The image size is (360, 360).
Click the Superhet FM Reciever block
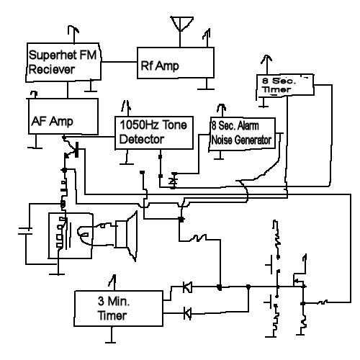(x=63, y=63)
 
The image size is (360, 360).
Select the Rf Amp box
(x=176, y=63)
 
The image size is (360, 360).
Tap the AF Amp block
(x=63, y=116)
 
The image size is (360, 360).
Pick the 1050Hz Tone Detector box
(x=154, y=132)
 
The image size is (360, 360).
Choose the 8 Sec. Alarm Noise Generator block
(x=242, y=134)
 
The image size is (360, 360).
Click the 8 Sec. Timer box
(x=285, y=86)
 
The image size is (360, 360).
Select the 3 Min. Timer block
(x=119, y=308)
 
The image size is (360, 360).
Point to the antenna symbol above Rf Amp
(x=181, y=24)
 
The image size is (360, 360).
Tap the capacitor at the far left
(x=25, y=230)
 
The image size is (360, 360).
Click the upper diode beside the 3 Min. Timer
(x=187, y=287)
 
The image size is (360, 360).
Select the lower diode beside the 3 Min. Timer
(x=187, y=313)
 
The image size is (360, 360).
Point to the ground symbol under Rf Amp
(x=206, y=84)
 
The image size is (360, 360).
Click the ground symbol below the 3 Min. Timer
(x=111, y=335)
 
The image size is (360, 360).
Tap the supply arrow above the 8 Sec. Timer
(x=266, y=64)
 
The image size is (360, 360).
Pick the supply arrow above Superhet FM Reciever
(x=73, y=34)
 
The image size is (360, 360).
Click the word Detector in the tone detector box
(x=142, y=139)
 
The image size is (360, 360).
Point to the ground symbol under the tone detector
(x=127, y=158)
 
